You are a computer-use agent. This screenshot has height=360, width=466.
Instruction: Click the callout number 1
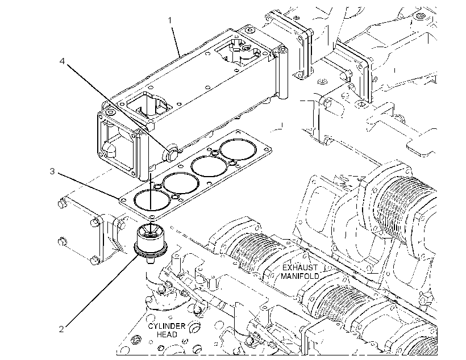click(x=170, y=20)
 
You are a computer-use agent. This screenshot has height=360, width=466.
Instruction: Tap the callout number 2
click(x=61, y=329)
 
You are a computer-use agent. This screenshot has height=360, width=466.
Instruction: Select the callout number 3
click(x=52, y=171)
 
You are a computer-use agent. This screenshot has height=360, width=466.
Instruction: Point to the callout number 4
click(x=62, y=61)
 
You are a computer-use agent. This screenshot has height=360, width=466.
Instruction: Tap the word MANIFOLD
click(x=299, y=276)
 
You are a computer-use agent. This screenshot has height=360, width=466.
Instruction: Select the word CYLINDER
click(x=167, y=326)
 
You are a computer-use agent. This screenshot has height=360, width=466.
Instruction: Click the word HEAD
click(x=167, y=334)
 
